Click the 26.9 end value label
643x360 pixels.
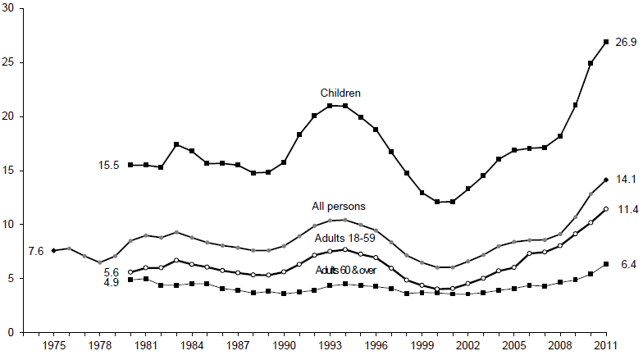[626, 42]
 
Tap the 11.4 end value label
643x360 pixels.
[626, 209]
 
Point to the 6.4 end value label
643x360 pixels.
[626, 264]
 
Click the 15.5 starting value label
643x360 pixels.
[109, 166]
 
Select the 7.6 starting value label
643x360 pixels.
[36, 251]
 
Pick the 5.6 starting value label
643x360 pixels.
[112, 272]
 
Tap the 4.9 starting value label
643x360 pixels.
[112, 283]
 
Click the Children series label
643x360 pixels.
[341, 93]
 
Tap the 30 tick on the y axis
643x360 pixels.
[11, 9]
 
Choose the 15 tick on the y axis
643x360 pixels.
[11, 171]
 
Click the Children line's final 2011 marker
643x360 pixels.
[605, 42]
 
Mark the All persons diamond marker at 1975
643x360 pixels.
[53, 250]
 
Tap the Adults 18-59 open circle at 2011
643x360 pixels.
[605, 209]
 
